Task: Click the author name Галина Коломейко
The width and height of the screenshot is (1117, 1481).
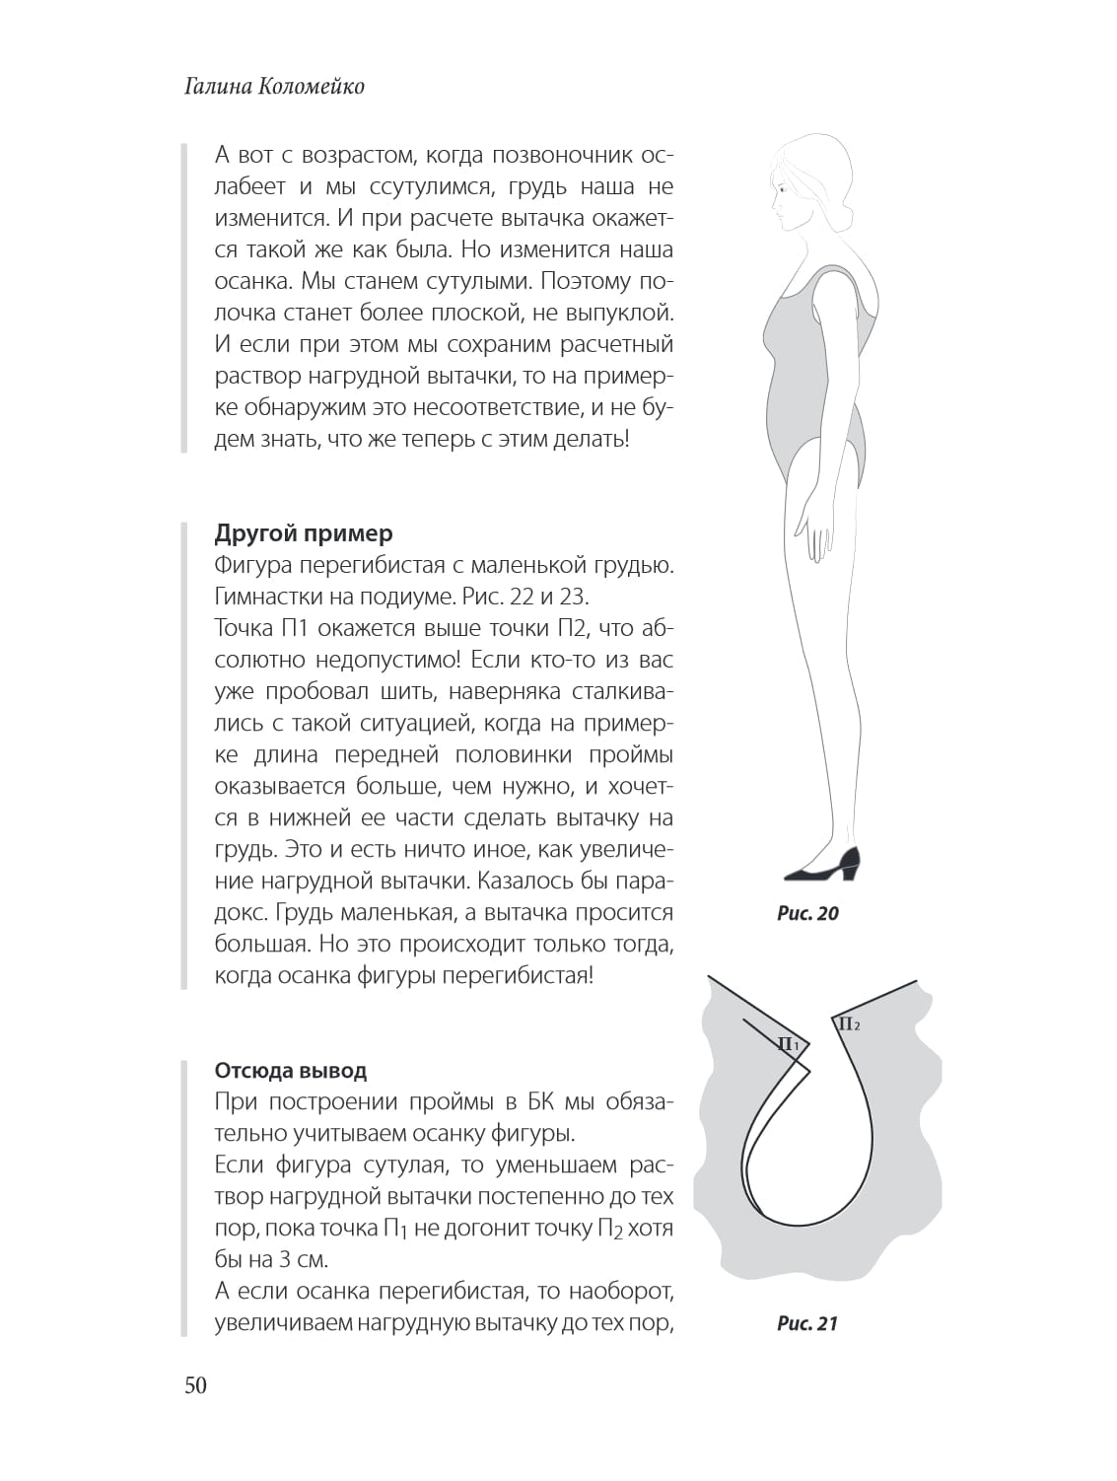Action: pos(274,87)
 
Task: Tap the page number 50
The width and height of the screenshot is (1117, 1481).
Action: pos(195,1385)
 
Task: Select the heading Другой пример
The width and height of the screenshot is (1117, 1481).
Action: pos(304,533)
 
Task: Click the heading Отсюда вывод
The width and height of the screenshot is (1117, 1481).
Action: pos(291,1071)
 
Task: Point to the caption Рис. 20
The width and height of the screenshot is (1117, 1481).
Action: pos(807,913)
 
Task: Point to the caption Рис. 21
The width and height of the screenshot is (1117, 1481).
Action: pos(806,1323)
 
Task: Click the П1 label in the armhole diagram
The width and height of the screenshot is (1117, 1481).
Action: pos(789,1044)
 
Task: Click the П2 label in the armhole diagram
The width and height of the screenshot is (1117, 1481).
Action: pos(848,1024)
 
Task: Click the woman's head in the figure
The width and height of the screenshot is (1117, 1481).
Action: pos(808,187)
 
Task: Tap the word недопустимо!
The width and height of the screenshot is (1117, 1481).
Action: pos(400,660)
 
